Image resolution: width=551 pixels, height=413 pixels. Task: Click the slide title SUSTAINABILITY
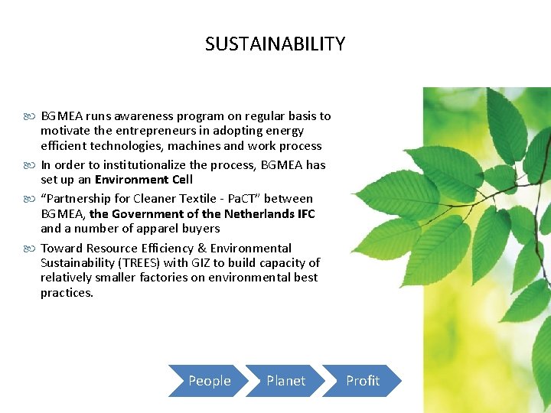[x=275, y=44]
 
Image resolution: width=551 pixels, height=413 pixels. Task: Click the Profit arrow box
[x=361, y=381]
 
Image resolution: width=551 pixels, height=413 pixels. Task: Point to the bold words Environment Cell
[x=143, y=180]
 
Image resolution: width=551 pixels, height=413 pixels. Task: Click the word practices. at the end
[x=67, y=292]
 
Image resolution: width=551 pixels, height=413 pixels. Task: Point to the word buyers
[x=201, y=229]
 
